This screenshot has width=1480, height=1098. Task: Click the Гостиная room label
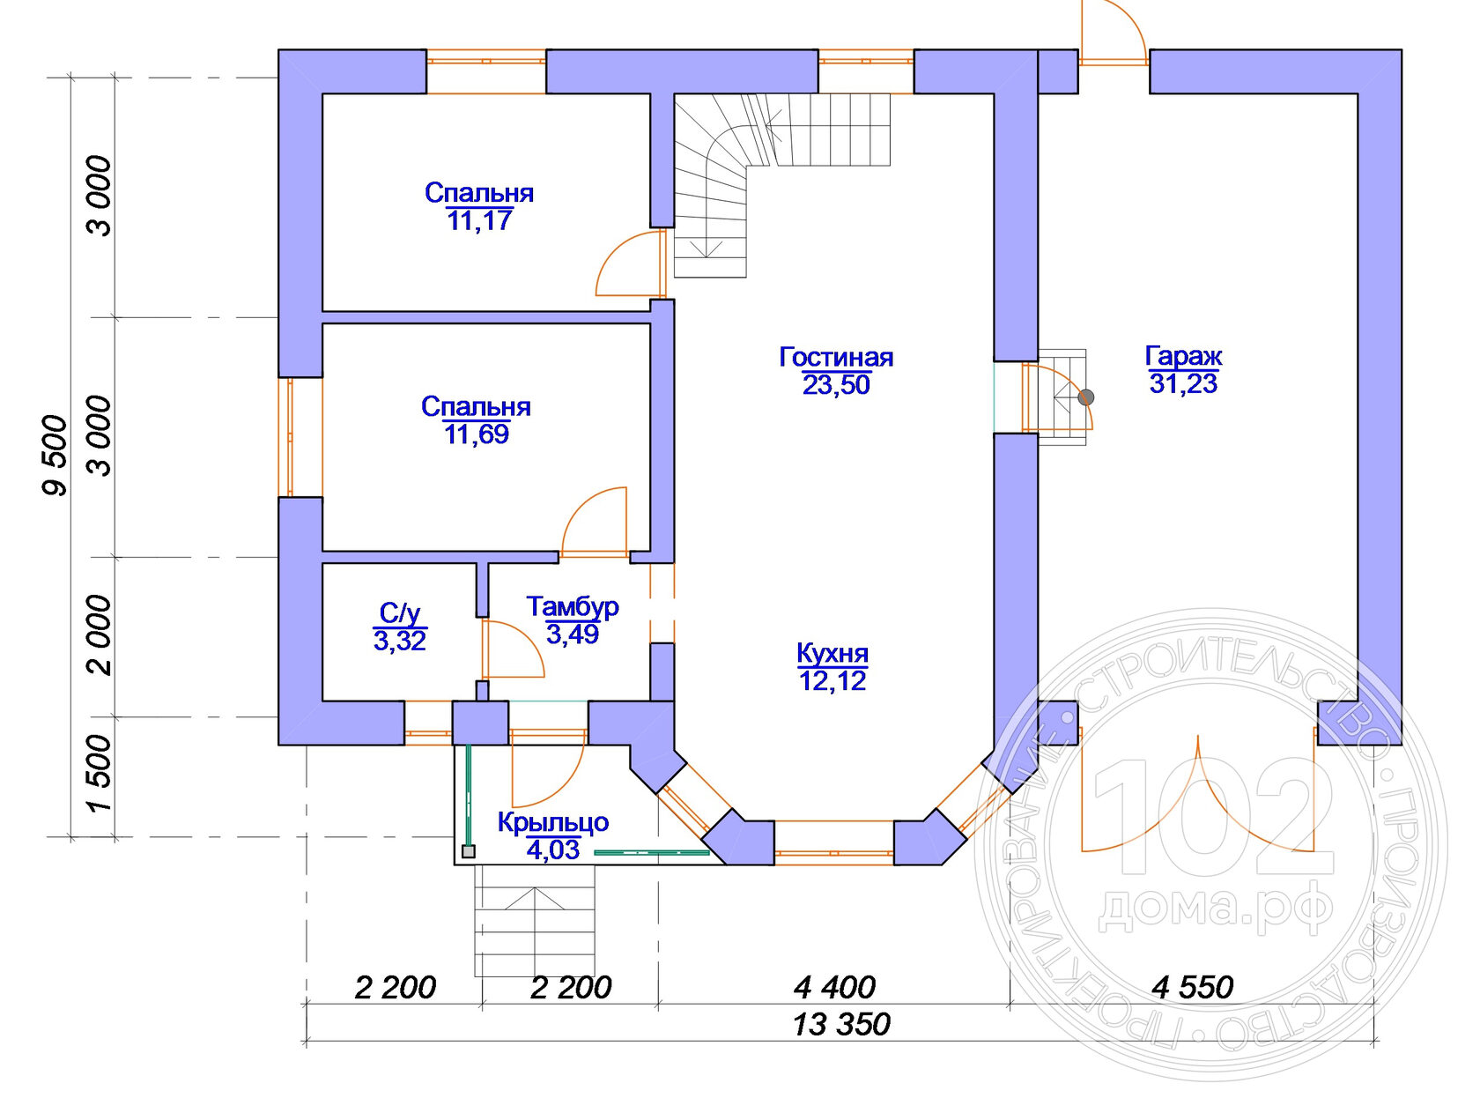pos(835,357)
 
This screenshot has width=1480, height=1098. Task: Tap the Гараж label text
pos(1183,356)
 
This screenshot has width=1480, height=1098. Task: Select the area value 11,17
pos(479,220)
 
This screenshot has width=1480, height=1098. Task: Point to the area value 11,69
pos(477,434)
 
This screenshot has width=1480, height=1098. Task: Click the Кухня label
pos(832,654)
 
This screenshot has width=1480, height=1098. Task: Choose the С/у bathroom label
pos(400,612)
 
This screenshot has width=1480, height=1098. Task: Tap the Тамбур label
pos(573,607)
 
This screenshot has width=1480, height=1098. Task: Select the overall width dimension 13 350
pos(841,1024)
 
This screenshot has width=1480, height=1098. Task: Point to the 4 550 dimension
pos(1193,987)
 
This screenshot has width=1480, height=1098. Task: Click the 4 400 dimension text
pos(834,987)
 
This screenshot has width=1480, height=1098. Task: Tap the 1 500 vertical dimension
pos(100,773)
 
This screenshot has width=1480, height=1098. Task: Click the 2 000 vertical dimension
pos(100,635)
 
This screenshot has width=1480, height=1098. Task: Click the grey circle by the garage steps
pos(1086,397)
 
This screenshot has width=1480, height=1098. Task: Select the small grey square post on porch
pos(469,852)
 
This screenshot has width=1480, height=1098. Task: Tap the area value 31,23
pos(1183,384)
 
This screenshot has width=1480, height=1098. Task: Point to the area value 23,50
pos(836,385)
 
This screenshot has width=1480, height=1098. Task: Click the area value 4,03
pos(553,850)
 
